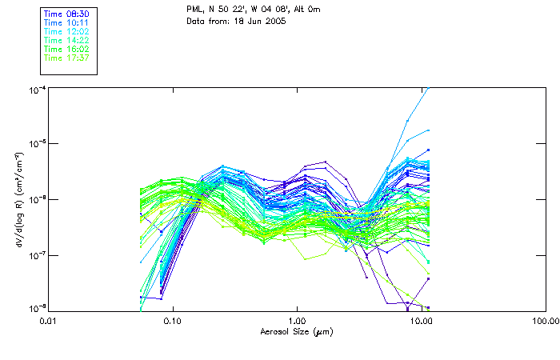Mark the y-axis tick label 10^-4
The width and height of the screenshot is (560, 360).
pyautogui.click(x=36, y=90)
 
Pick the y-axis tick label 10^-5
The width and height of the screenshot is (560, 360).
pyautogui.click(x=36, y=144)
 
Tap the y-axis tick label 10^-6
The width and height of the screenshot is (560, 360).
pyautogui.click(x=36, y=199)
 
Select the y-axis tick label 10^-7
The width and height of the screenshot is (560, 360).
pyautogui.click(x=36, y=254)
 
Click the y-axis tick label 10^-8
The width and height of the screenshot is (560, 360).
pyautogui.click(x=36, y=308)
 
